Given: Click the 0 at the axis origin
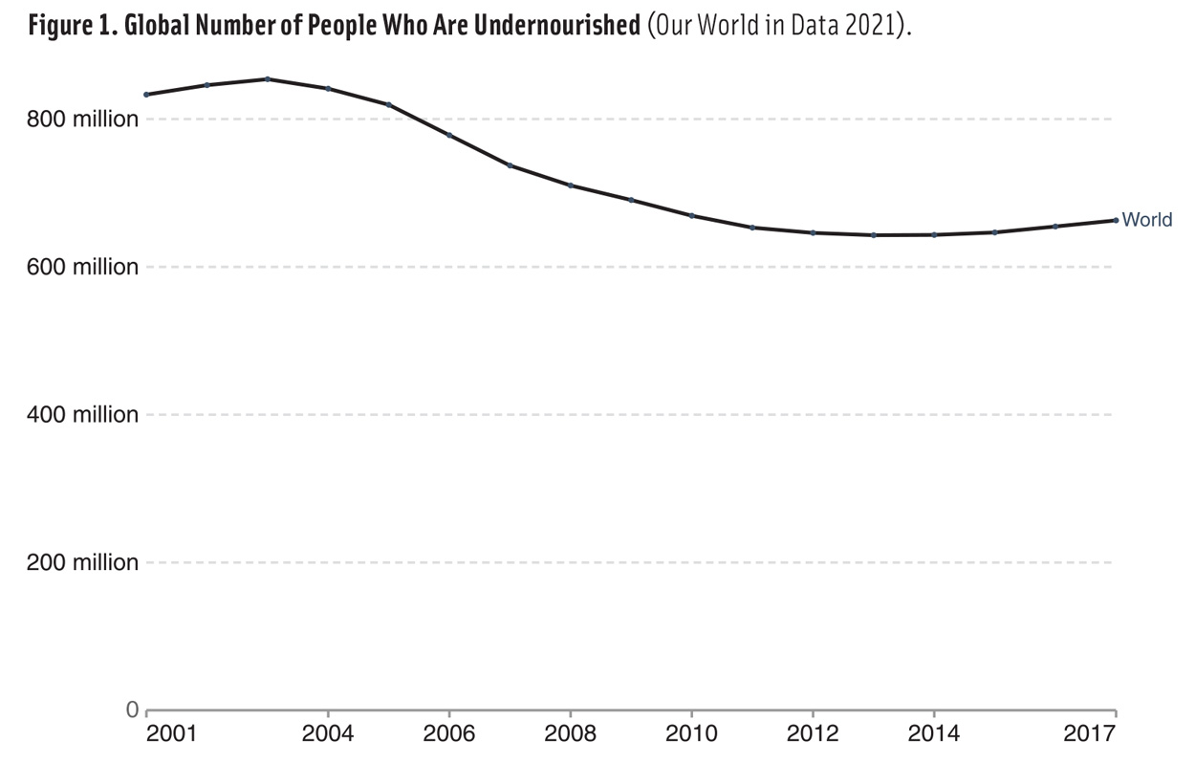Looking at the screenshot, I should click(x=133, y=709).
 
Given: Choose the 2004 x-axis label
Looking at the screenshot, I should click(x=328, y=734).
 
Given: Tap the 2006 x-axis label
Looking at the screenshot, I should click(x=449, y=734).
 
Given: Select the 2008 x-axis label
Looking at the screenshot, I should click(x=570, y=734).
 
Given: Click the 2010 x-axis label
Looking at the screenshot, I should click(x=691, y=734).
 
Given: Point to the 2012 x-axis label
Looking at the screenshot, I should click(x=813, y=734).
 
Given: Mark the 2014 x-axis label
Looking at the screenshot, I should click(x=934, y=734).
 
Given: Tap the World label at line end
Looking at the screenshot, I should click(x=1146, y=220).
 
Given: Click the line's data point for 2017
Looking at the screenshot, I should click(x=1116, y=220).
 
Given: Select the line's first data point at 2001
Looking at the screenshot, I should click(x=146, y=94).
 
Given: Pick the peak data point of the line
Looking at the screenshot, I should click(x=268, y=78).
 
